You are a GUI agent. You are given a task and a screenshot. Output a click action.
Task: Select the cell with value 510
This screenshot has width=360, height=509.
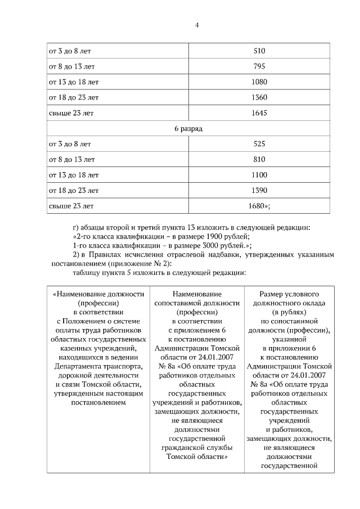click(x=259, y=51)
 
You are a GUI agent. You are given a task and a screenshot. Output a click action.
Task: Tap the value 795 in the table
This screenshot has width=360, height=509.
click(x=259, y=66)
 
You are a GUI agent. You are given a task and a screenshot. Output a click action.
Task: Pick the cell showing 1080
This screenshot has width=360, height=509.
click(x=259, y=82)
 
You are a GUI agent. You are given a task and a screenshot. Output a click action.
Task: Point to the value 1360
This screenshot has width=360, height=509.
click(x=259, y=98)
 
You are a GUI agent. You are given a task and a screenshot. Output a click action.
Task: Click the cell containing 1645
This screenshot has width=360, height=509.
click(x=259, y=113)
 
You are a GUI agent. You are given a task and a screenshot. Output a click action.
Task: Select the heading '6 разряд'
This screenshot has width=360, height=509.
click(x=188, y=129)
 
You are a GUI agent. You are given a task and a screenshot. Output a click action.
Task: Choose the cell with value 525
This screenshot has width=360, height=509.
click(x=259, y=144)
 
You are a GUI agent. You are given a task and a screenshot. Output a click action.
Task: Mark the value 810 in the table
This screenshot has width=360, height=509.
click(x=259, y=160)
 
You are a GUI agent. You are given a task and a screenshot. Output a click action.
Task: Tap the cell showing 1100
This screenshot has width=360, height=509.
click(x=259, y=175)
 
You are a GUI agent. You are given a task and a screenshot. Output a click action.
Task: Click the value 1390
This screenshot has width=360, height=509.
click(x=259, y=190)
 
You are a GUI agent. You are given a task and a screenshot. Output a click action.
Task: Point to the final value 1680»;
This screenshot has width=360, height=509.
click(x=259, y=206)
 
